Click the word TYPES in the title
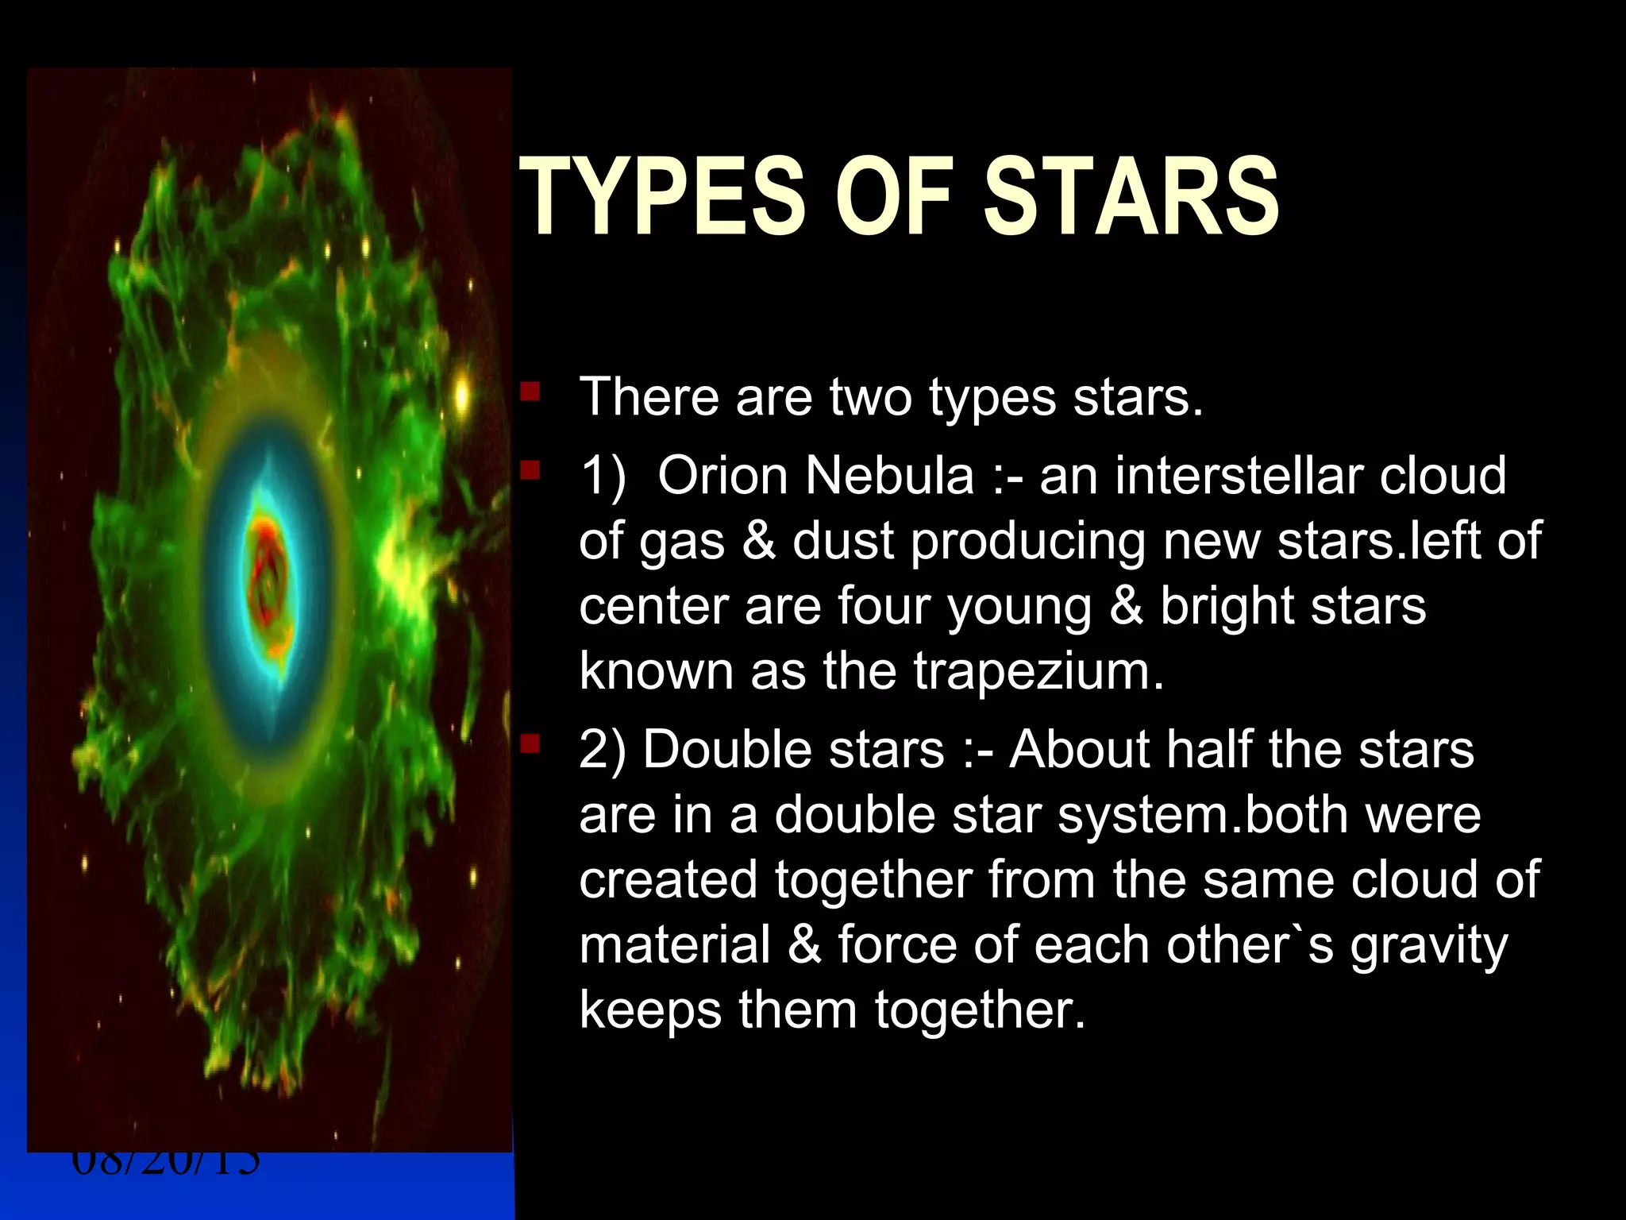tap(663, 196)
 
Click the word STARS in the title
tap(1131, 196)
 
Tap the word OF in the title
tap(893, 196)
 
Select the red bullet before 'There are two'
tap(530, 392)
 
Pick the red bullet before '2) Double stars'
tap(530, 745)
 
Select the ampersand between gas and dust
tap(758, 541)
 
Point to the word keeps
tap(650, 1012)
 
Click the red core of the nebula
tap(268, 568)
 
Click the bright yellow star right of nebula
tap(462, 396)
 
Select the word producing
tap(1027, 542)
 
